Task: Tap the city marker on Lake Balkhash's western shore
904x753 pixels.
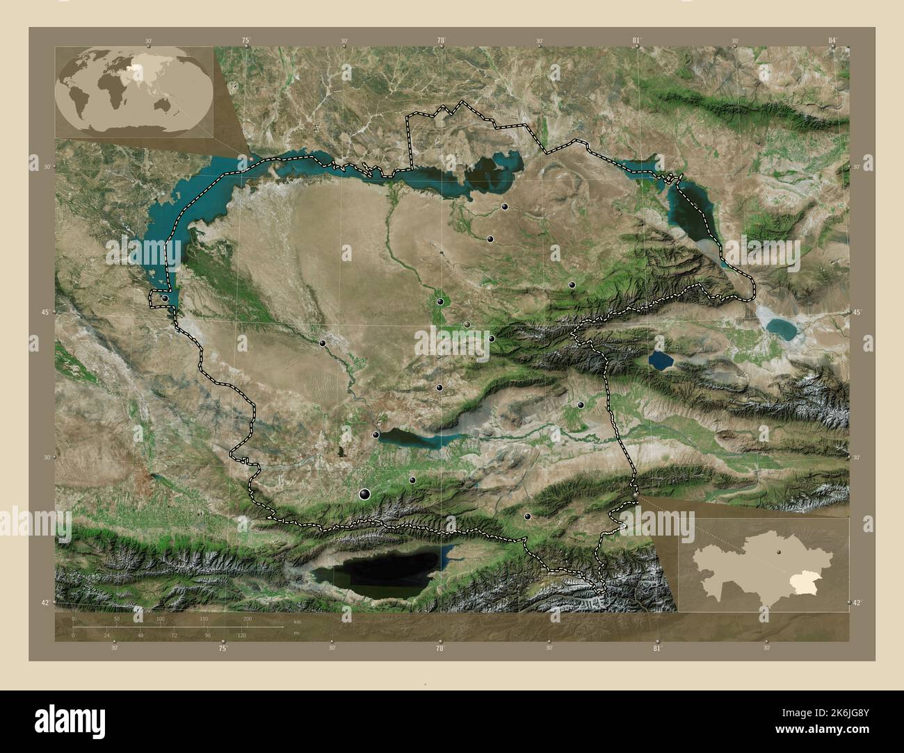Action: [165, 298]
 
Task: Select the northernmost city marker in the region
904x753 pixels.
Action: [505, 206]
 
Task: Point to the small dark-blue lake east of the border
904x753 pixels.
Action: [661, 360]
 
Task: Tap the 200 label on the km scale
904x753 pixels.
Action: [247, 618]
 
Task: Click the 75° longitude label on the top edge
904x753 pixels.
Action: [245, 41]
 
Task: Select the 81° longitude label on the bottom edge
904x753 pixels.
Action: [657, 648]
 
